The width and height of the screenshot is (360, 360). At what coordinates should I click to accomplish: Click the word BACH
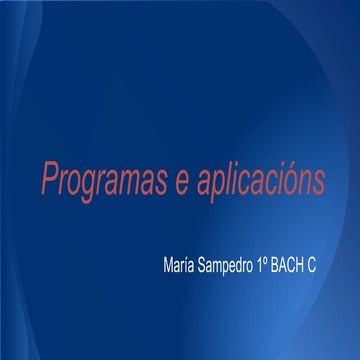click(x=306, y=269)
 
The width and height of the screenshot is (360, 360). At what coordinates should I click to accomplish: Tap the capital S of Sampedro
click(x=206, y=269)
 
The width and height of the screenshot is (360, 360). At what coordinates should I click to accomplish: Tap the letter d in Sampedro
click(x=250, y=269)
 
